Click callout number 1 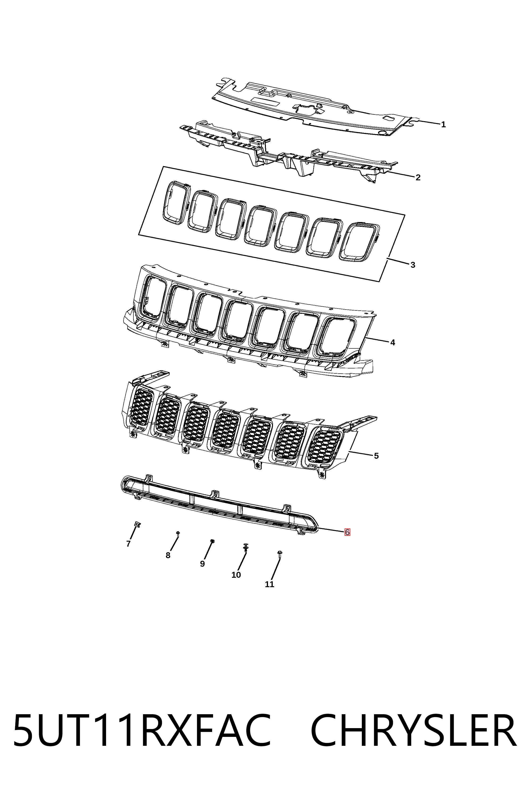(x=443, y=125)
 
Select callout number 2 (x=418, y=177)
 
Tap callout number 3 (x=413, y=265)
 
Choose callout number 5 (x=376, y=456)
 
